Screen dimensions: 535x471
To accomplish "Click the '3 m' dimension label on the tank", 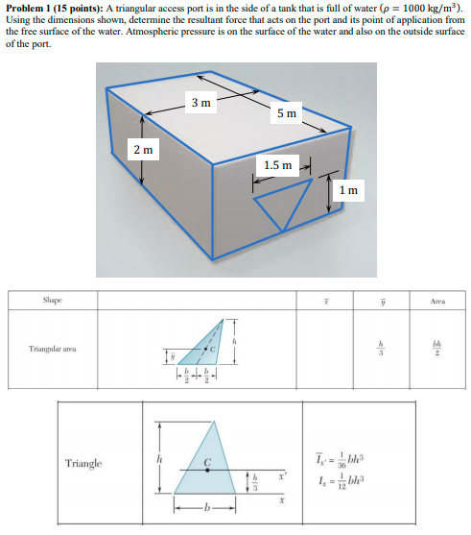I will (x=201, y=102).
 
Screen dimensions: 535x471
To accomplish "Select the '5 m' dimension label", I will (x=287, y=113).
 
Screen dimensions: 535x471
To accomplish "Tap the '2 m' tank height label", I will (x=142, y=150).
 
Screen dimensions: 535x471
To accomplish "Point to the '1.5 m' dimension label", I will (x=277, y=164).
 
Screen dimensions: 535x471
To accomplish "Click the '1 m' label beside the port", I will (x=348, y=189).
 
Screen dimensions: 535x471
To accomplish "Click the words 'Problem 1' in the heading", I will (x=29, y=7).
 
